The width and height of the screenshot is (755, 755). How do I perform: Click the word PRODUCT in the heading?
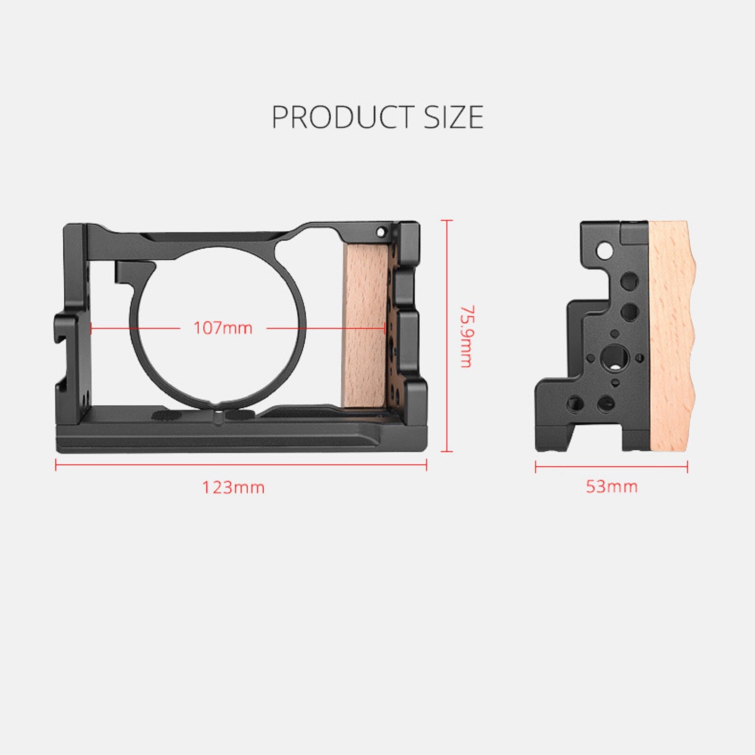pyautogui.click(x=343, y=117)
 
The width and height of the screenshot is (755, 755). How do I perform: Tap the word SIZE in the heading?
pyautogui.click(x=453, y=117)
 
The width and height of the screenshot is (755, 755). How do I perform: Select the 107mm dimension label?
pyautogui.click(x=223, y=328)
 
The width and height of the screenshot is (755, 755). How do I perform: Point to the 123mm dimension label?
pyautogui.click(x=234, y=487)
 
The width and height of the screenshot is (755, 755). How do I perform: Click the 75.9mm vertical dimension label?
pyautogui.click(x=466, y=336)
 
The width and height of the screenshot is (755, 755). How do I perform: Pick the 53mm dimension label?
pyautogui.click(x=612, y=487)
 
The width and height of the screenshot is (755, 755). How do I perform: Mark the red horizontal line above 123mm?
pyautogui.click(x=241, y=465)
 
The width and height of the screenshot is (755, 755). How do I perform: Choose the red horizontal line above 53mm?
pyautogui.click(x=612, y=467)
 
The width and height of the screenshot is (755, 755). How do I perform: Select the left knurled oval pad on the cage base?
pyautogui.click(x=167, y=416)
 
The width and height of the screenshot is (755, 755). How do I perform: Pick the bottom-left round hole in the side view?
pyautogui.click(x=575, y=403)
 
